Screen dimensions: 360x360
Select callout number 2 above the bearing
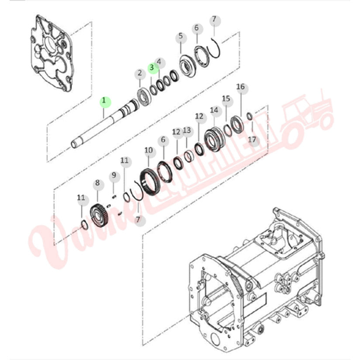[140, 73]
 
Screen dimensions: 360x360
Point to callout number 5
[181, 37]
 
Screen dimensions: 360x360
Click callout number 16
[241, 87]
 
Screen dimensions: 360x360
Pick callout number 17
[252, 140]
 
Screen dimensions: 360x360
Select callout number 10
[149, 151]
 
